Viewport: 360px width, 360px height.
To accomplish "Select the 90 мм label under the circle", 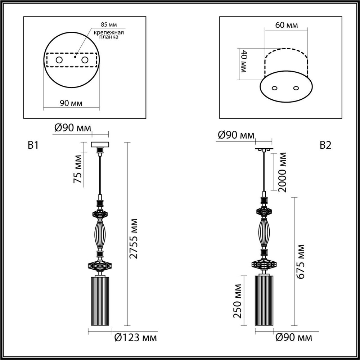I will pyautogui.click(x=71, y=103).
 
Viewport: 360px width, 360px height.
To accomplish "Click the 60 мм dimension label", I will pyautogui.click(x=286, y=26).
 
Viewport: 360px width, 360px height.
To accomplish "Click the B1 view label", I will pyautogui.click(x=33, y=145).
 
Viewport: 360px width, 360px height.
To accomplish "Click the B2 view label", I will pyautogui.click(x=325, y=145).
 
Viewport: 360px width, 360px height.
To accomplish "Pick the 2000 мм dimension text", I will pyautogui.click(x=283, y=172).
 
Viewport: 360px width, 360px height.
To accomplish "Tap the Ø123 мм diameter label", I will pyautogui.click(x=135, y=338).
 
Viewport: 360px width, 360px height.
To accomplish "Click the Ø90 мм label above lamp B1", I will pyautogui.click(x=72, y=128).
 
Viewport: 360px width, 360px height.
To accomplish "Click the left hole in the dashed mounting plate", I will pyautogui.click(x=59, y=60).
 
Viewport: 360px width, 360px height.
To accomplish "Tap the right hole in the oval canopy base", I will pyautogui.click(x=296, y=88).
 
